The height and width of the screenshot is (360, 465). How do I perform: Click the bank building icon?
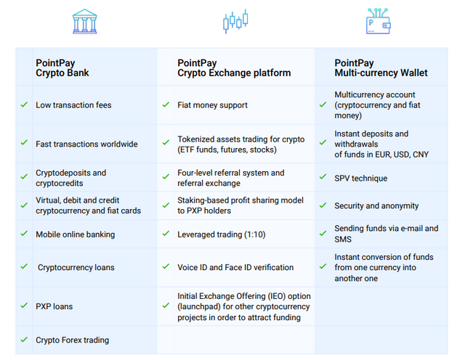point(84,21)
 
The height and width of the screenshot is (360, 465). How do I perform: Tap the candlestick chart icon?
point(235,21)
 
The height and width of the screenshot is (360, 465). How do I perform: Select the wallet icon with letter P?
point(378,21)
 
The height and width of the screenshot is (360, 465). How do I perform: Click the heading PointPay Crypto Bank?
point(62,67)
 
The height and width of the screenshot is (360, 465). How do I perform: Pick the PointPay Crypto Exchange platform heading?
point(234,67)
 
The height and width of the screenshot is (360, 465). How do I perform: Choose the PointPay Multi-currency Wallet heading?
point(381,67)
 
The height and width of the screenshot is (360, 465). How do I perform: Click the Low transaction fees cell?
point(73,105)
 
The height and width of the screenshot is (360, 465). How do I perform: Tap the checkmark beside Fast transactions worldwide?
point(24,143)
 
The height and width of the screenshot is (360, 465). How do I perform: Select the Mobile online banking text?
point(76,234)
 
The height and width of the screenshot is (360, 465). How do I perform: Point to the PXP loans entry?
point(54,306)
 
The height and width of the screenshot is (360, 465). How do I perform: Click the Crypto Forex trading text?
point(73,340)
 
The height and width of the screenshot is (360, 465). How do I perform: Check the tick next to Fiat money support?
point(166,105)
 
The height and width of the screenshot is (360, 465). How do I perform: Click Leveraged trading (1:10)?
point(221,234)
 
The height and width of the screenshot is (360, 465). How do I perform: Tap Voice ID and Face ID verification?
point(235,267)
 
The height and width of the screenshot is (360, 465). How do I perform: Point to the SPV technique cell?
point(361,178)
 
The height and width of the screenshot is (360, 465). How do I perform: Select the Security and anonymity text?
point(376,205)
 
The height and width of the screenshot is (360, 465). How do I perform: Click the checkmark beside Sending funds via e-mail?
point(323,234)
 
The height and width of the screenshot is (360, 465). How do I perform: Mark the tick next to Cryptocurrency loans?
point(24,266)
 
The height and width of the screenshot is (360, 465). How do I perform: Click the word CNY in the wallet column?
point(421,155)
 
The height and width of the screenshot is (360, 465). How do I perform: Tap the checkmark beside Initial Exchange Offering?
point(166,306)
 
